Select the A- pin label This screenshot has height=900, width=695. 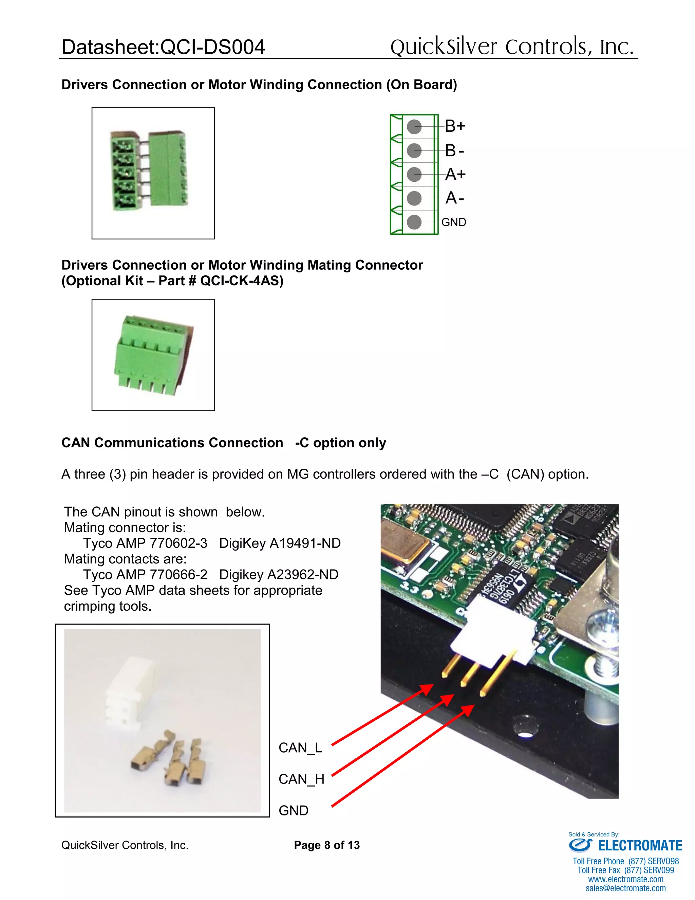tap(454, 198)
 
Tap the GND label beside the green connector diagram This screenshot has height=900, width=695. tap(454, 222)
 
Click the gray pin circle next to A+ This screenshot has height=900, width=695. tap(414, 174)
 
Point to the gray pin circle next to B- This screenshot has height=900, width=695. tap(414, 150)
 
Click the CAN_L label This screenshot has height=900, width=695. tap(300, 748)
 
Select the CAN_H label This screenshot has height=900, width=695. tap(301, 779)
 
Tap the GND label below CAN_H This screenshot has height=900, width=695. tap(294, 810)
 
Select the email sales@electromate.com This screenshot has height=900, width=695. tap(625, 888)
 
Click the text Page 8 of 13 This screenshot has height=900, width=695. tap(326, 845)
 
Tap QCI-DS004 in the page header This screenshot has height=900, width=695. tap(212, 47)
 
